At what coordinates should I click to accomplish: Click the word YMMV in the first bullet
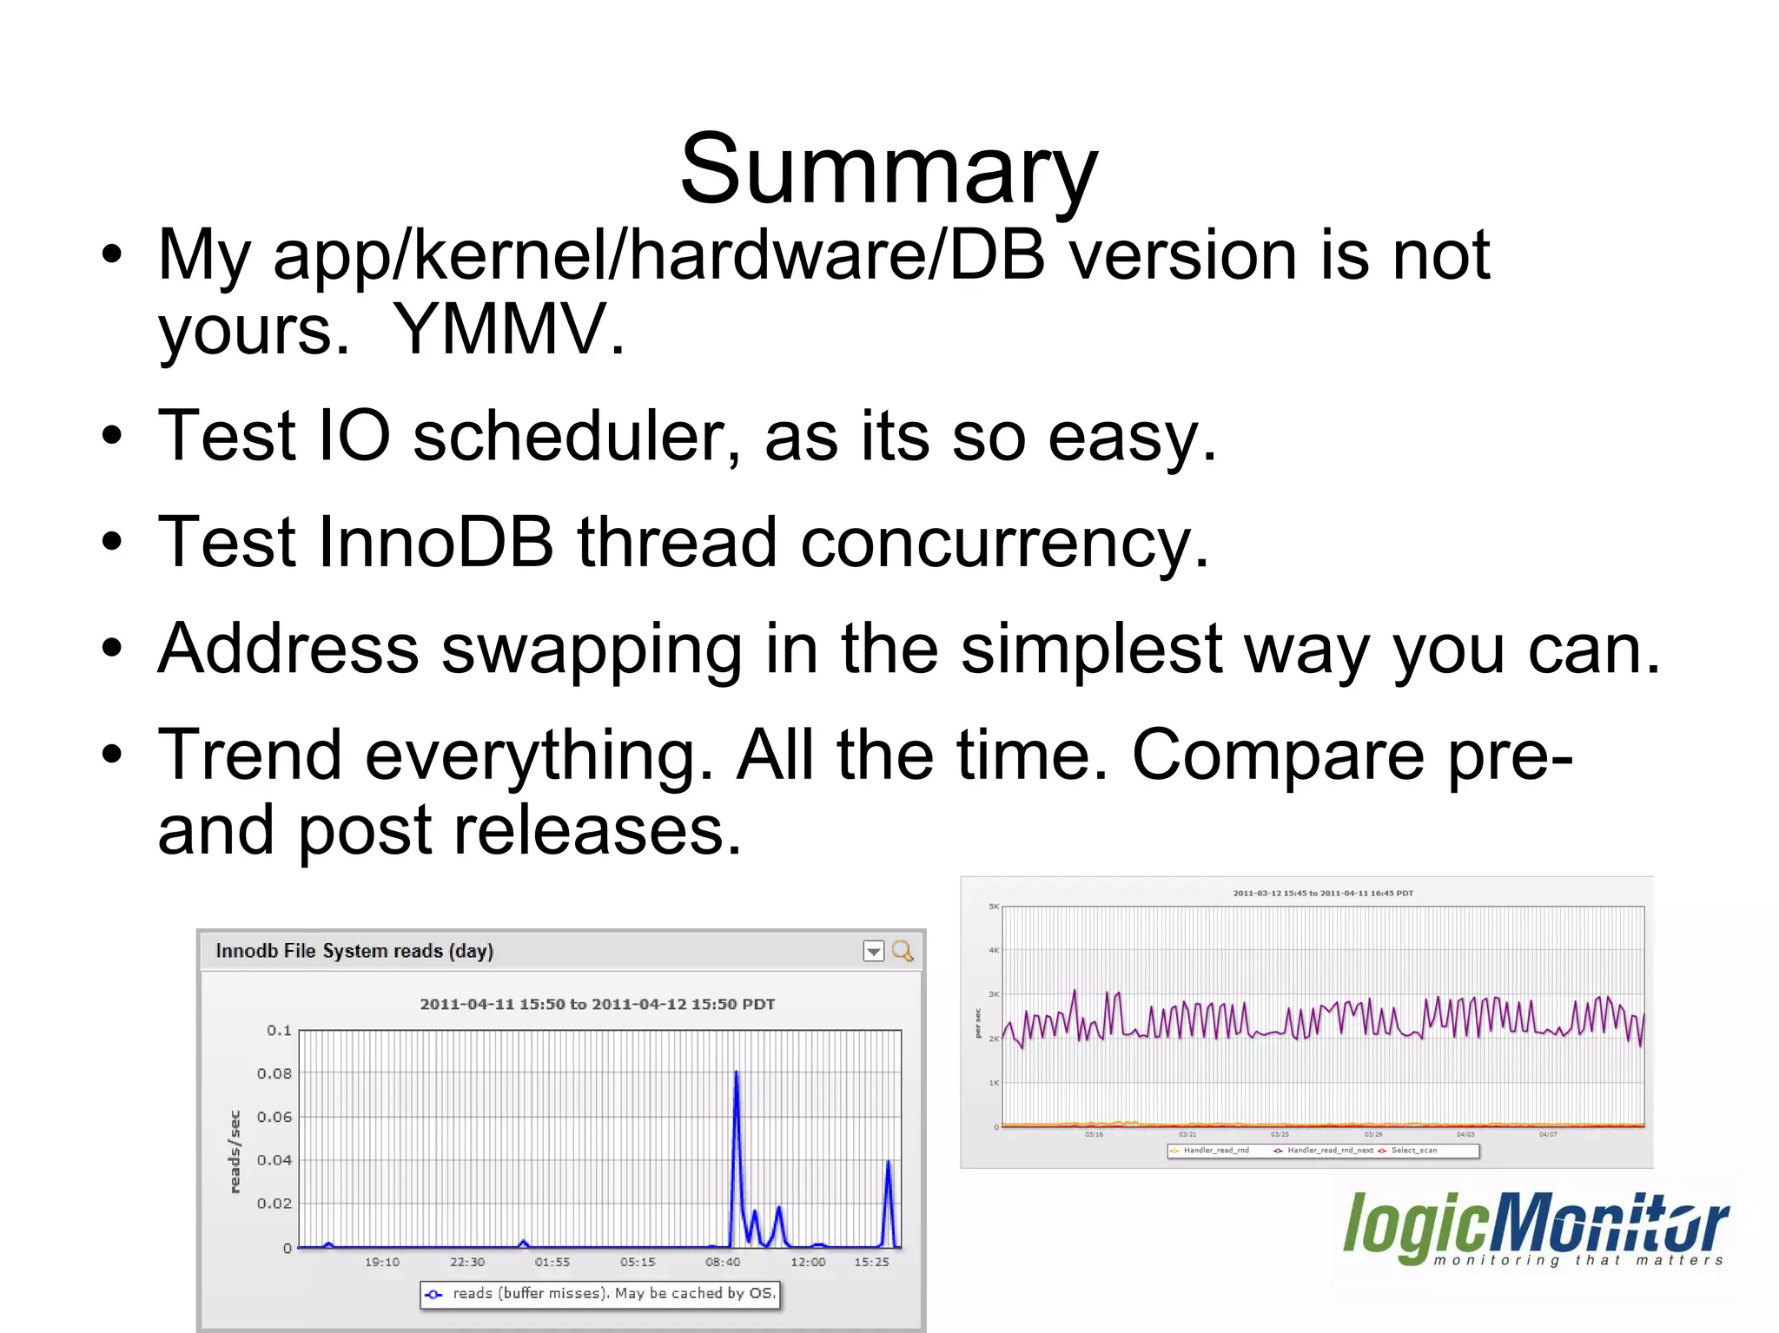point(507,331)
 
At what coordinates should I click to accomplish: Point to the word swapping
point(592,650)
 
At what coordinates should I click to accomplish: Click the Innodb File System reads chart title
point(354,951)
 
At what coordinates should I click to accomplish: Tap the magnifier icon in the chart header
point(903,951)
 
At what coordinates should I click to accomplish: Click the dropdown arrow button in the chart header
point(873,952)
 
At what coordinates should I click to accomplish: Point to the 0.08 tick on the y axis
point(274,1073)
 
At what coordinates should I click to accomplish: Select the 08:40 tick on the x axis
point(723,1262)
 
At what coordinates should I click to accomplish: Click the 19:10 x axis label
point(382,1262)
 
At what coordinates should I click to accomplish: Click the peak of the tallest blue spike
point(736,1072)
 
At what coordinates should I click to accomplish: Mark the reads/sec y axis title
point(235,1152)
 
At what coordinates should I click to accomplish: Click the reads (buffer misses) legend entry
point(599,1293)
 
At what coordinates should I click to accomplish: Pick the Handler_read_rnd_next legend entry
point(1329,1151)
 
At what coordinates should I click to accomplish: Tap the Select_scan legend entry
point(1413,1151)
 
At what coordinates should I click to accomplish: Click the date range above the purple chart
point(1323,893)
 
